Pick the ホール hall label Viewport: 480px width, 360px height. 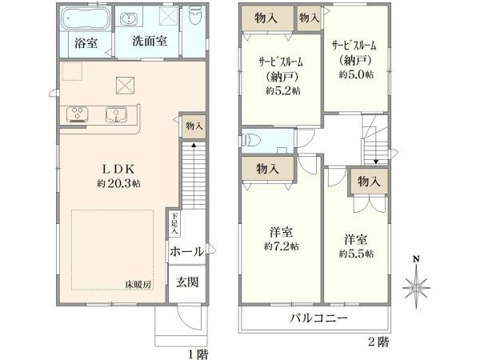[186, 251]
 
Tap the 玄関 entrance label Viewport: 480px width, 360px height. [187, 282]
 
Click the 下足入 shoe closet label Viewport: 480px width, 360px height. [174, 221]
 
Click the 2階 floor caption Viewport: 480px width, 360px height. [378, 342]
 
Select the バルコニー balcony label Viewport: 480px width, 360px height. [318, 318]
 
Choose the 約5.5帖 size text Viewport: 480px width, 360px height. [356, 254]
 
